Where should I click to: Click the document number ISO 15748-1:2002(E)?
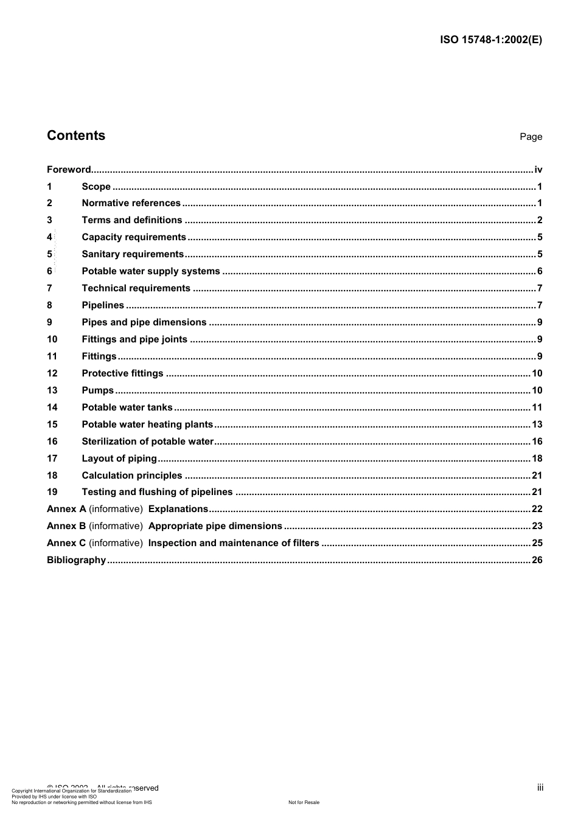coord(490,40)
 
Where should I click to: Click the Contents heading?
coord(76,136)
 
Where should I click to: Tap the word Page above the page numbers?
coord(531,137)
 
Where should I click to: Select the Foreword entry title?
coord(69,170)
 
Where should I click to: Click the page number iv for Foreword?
coord(538,170)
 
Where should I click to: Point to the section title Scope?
coord(96,187)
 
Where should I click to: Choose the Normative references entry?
coord(131,203)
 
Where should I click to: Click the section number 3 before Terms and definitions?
coord(49,220)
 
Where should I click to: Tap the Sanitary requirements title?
coord(133,254)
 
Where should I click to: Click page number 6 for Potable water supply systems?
coord(540,271)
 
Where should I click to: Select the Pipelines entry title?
coord(103,305)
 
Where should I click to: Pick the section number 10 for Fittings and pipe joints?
coord(52,339)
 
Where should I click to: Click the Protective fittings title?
coord(122,373)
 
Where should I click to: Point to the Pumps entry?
coord(97,390)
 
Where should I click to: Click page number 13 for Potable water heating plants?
coord(537,425)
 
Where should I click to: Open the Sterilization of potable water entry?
coord(147,442)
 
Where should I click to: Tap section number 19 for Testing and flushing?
coord(52,492)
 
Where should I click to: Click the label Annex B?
coord(66,526)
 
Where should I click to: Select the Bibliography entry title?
coord(76,560)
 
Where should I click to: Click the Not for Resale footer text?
coord(304,802)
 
